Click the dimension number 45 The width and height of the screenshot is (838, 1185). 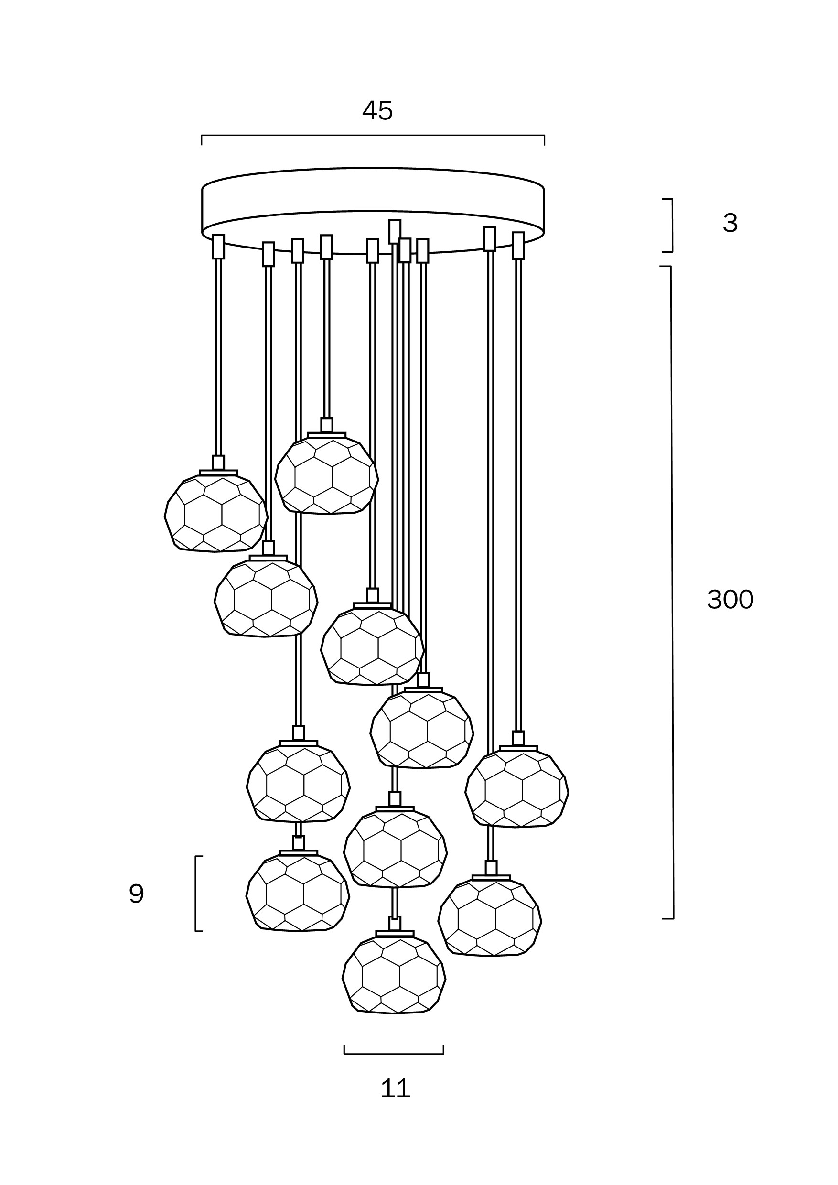point(377,110)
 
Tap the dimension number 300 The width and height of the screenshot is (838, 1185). point(730,600)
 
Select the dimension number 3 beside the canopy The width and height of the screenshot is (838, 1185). point(730,223)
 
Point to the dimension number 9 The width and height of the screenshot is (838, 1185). point(136,894)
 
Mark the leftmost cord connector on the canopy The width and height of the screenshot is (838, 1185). point(219,246)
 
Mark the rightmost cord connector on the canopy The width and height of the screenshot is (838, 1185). point(518,245)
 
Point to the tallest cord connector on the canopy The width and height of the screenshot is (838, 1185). point(395,231)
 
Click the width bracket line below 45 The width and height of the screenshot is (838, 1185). point(373,136)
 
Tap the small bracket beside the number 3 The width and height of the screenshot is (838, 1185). point(671,226)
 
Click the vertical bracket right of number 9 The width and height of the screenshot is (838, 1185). point(196,894)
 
